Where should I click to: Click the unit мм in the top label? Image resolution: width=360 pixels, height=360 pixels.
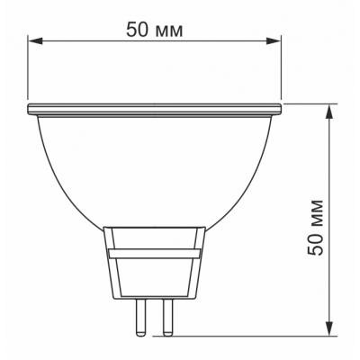[x=172, y=29]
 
